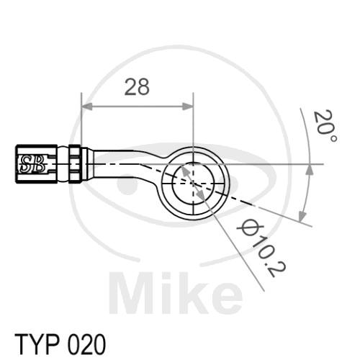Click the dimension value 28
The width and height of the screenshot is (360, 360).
click(137, 86)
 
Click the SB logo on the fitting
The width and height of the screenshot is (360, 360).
click(32, 164)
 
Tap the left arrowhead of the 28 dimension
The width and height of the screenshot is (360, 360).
click(87, 107)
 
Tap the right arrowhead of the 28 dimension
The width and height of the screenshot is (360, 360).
click(188, 107)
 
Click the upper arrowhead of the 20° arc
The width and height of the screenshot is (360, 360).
click(310, 170)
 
